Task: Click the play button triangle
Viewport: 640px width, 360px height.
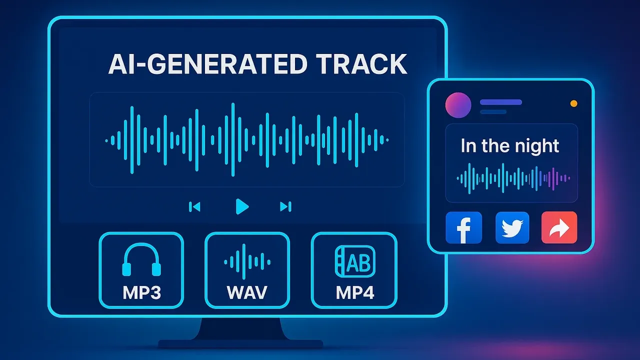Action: (x=241, y=206)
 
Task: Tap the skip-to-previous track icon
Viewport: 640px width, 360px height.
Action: (x=194, y=206)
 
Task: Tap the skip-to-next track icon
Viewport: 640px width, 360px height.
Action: (x=285, y=206)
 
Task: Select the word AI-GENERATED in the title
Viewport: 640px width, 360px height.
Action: (x=207, y=64)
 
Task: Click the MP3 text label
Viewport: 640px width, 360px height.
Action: (x=141, y=292)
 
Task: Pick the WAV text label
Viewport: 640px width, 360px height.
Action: (x=247, y=292)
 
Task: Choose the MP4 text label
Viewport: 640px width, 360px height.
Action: (x=355, y=292)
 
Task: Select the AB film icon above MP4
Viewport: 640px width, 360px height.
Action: (x=355, y=261)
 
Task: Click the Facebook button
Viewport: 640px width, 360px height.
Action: (x=463, y=227)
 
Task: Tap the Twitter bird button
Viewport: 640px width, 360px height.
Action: (x=512, y=227)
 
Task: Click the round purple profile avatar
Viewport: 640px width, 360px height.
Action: (x=458, y=105)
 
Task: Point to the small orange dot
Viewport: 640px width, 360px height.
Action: (x=573, y=103)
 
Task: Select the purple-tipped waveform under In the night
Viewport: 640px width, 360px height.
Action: (x=513, y=178)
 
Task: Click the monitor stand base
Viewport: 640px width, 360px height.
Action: (x=240, y=343)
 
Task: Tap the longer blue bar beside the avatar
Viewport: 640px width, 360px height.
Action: (x=501, y=102)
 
